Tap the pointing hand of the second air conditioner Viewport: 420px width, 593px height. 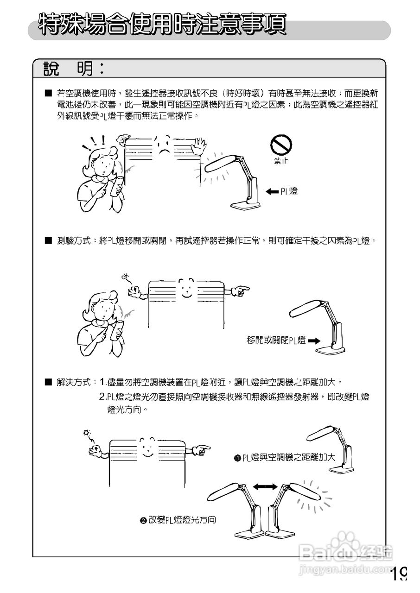pyautogui.click(x=240, y=291)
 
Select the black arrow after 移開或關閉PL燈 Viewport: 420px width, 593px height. pyautogui.click(x=314, y=341)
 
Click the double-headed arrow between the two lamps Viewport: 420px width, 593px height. pyautogui.click(x=266, y=486)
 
